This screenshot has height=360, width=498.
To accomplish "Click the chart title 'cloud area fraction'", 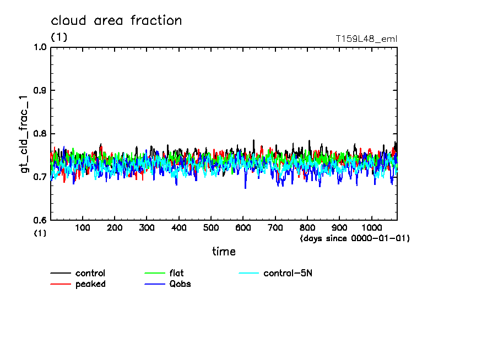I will (116, 21).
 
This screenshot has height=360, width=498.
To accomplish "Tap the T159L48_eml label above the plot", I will (366, 39).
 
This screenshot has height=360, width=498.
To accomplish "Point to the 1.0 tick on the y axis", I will (40, 47).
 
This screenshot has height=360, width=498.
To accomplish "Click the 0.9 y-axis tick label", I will (40, 90).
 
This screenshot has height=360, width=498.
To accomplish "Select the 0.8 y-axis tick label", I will (40, 134).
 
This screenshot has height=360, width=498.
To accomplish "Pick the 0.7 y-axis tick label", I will (40, 177).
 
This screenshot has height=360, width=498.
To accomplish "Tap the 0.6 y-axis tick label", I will (40, 220).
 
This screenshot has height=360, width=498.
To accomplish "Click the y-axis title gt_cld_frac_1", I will (25, 134).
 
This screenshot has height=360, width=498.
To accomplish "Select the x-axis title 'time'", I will (224, 252).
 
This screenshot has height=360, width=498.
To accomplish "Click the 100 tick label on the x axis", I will (83, 227).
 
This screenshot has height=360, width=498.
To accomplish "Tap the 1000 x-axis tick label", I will (371, 227).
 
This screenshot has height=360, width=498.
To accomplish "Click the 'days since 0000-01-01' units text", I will (355, 238).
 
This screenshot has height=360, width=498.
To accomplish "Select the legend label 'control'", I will (90, 273).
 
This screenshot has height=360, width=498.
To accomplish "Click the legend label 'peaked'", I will (90, 284).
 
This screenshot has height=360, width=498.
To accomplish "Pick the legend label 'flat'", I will (177, 273).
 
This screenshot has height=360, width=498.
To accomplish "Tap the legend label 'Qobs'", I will (180, 284).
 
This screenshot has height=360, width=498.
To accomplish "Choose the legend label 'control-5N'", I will (288, 273).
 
